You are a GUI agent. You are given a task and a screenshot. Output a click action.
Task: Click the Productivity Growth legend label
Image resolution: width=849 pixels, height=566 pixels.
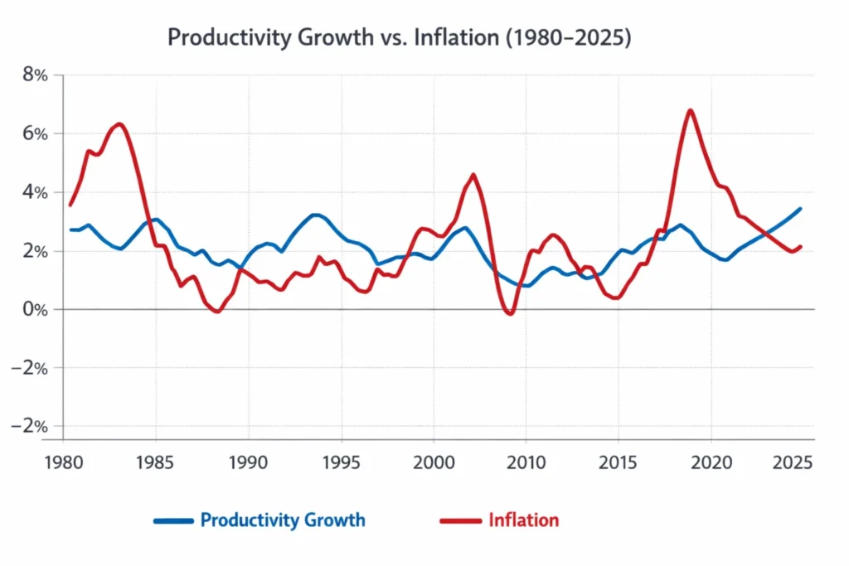[x=282, y=520]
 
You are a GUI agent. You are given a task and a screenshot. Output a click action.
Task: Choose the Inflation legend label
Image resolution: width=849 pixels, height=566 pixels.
[x=523, y=520]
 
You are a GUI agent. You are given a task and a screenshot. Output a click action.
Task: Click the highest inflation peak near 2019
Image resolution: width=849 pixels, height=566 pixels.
[x=690, y=110]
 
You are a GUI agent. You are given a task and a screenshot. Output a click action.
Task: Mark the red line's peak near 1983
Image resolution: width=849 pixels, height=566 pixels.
[x=119, y=124]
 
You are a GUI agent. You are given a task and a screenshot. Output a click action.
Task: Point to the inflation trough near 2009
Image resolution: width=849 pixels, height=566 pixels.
[x=510, y=313]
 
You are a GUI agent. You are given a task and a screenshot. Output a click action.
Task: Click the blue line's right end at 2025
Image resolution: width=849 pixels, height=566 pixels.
[x=800, y=208]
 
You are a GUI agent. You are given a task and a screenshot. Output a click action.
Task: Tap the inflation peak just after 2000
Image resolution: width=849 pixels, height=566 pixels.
[x=473, y=175]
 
